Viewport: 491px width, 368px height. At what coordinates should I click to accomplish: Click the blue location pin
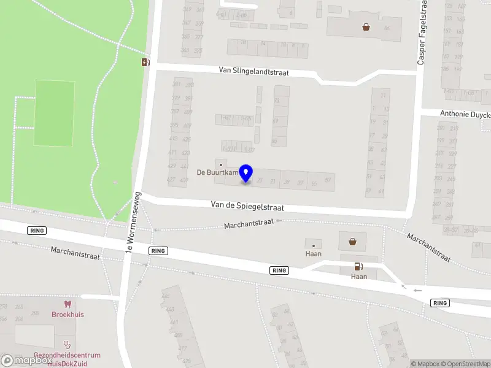coord(245,173)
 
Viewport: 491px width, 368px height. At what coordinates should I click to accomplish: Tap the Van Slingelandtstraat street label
coord(262,71)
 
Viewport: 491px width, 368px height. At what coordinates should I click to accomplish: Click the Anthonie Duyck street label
coord(465,113)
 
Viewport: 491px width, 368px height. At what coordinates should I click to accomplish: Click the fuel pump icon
coord(358,266)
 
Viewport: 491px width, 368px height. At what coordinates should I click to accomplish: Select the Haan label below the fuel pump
coord(359,277)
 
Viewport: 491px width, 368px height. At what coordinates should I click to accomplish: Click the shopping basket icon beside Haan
coord(353,241)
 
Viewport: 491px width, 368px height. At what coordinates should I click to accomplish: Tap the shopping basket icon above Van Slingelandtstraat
coord(366,27)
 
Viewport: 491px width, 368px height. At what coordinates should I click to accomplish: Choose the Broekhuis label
coord(68,314)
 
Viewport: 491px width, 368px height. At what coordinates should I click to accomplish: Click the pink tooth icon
coord(68,304)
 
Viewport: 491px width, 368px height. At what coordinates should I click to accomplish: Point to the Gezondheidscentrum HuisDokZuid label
coord(67,359)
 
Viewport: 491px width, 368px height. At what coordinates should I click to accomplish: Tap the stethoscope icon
coord(67,345)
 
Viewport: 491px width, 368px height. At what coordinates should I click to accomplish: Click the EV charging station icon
coord(145,62)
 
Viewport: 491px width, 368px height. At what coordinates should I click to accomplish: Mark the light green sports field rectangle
coord(55,113)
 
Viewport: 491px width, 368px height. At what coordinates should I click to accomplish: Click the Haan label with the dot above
coord(313,253)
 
